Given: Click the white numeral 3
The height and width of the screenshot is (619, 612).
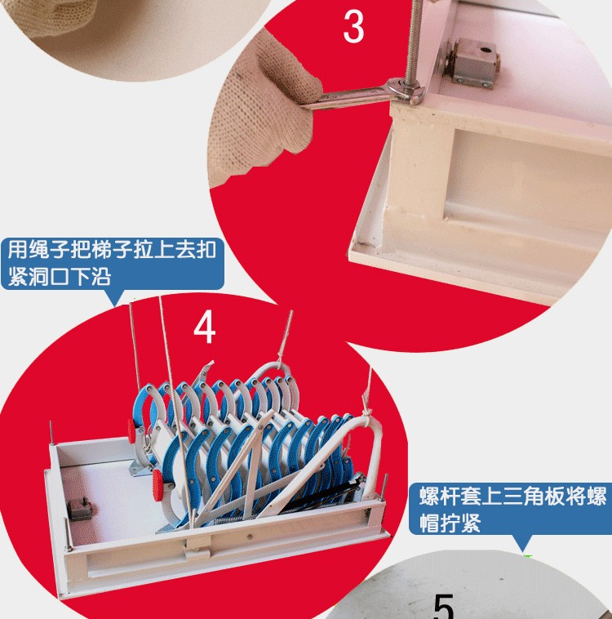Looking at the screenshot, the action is [353, 26].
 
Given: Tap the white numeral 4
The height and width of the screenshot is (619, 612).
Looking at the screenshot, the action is [204, 327].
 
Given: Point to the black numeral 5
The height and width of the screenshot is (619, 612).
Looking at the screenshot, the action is [444, 607].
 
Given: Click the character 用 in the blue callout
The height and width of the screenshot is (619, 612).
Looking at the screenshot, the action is [18, 250].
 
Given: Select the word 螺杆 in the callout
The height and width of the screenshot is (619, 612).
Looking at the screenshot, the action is [439, 497].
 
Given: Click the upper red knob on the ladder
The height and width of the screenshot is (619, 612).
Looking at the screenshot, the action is [131, 431].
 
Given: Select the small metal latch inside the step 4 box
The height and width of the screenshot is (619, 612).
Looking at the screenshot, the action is [80, 509].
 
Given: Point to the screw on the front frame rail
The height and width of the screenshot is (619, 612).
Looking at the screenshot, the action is [251, 537].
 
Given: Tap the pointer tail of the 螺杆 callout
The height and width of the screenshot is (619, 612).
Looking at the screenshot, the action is [522, 543].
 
